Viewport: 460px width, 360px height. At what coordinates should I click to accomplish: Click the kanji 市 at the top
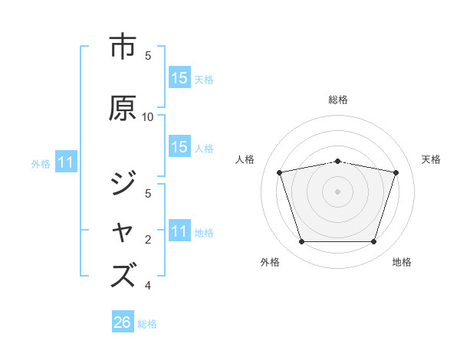click(123, 47)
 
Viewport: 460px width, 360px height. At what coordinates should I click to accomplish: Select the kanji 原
click(123, 108)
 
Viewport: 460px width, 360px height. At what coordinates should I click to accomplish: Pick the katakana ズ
click(123, 274)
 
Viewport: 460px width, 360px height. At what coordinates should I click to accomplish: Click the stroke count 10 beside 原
click(148, 116)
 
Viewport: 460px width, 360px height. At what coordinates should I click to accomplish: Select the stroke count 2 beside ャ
click(148, 240)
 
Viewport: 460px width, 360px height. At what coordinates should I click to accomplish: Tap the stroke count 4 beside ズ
click(148, 286)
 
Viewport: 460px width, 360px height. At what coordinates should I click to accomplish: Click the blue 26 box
click(123, 322)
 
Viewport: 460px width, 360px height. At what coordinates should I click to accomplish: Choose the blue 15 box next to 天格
click(179, 78)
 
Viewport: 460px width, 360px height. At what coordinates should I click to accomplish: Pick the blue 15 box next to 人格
click(179, 147)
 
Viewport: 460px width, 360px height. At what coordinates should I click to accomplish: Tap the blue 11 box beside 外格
click(65, 162)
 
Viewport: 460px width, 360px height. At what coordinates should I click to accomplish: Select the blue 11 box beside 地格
click(179, 231)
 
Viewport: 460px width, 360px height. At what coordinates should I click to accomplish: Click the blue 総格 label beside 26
click(147, 324)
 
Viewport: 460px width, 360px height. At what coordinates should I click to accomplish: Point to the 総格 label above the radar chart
click(338, 100)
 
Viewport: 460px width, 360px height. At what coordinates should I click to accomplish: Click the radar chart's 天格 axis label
click(432, 159)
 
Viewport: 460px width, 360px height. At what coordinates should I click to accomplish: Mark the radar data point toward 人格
click(280, 172)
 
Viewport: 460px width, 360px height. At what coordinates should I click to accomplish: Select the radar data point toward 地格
click(373, 241)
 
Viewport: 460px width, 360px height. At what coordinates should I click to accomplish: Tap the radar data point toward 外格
click(301, 241)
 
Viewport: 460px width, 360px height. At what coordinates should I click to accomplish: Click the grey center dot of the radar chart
click(337, 191)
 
